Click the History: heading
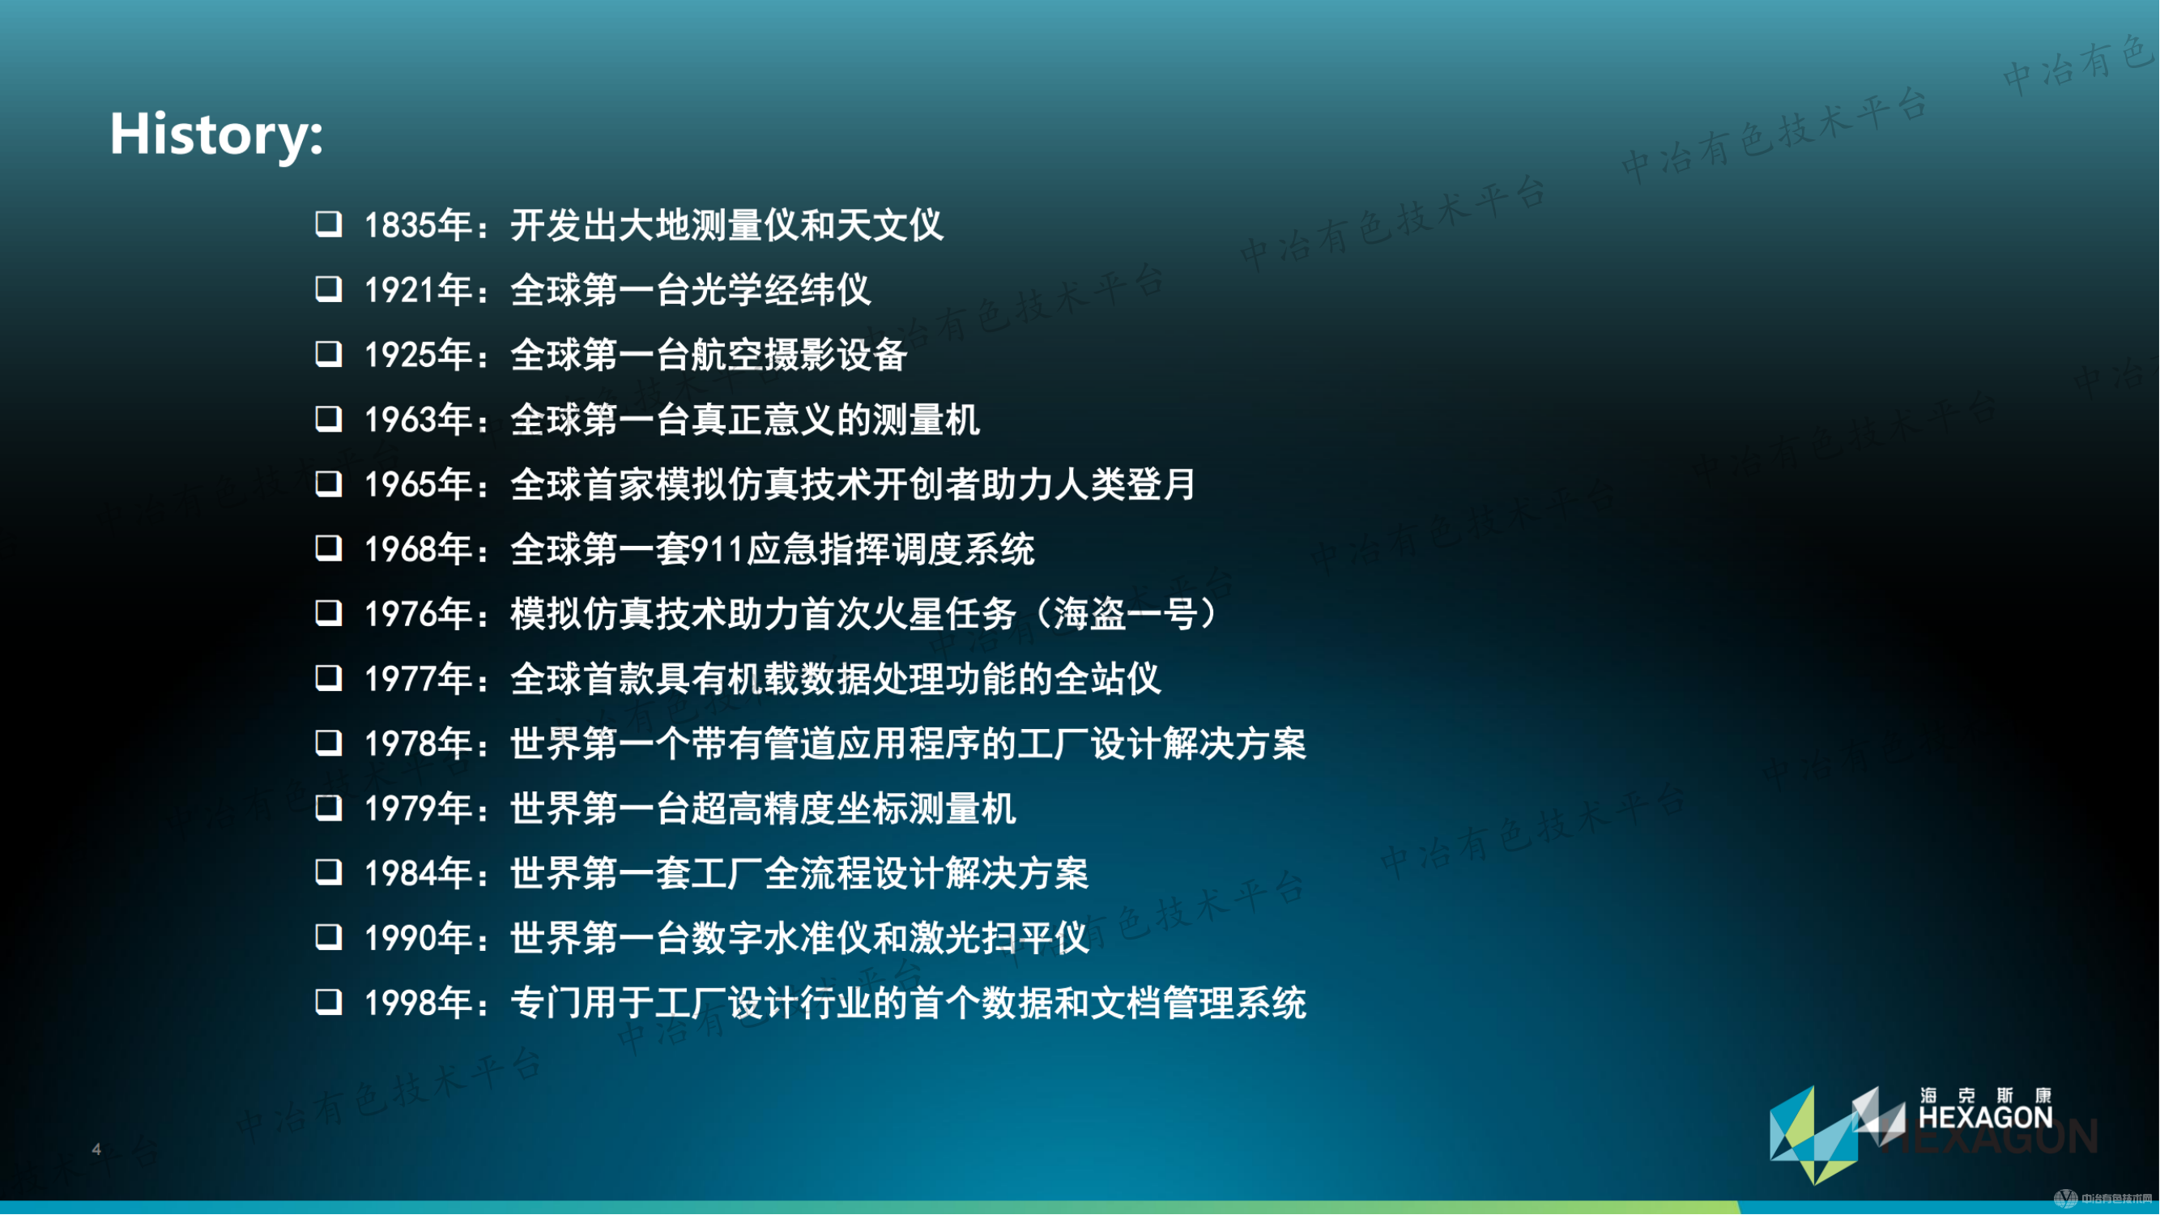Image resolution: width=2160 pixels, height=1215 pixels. (x=216, y=134)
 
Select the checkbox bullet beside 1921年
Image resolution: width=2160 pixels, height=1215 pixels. (x=329, y=289)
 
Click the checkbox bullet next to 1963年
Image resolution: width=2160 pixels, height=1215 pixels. (x=329, y=419)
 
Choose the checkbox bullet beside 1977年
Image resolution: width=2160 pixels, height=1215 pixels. (x=329, y=677)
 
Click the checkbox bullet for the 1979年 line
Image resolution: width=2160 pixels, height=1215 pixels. (x=329, y=808)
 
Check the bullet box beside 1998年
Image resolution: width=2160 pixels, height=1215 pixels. (x=329, y=1002)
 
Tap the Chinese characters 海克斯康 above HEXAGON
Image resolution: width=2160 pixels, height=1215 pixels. (x=1986, y=1096)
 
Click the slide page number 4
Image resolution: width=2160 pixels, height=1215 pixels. (x=96, y=1149)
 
